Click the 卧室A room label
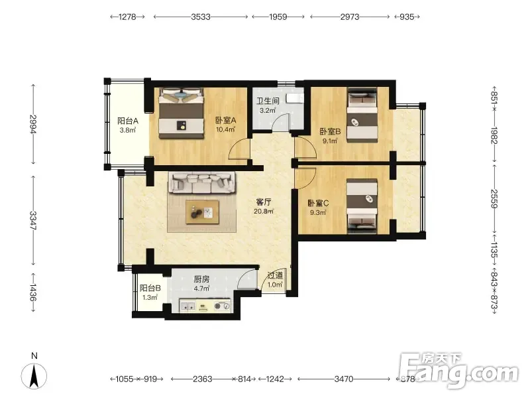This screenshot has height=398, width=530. click(x=225, y=120)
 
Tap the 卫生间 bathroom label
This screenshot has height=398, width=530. click(x=268, y=101)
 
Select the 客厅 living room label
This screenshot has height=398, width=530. click(x=264, y=202)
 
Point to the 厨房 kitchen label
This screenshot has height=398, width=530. click(x=201, y=279)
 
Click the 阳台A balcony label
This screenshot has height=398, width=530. click(x=128, y=121)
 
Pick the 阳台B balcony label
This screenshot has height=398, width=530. click(x=150, y=289)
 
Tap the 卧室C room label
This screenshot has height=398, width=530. click(x=318, y=204)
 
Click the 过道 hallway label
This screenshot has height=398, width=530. click(x=275, y=275)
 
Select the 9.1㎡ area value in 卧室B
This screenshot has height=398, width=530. click(x=330, y=141)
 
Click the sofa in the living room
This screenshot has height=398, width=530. click(x=202, y=182)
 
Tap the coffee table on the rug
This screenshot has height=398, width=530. click(x=202, y=212)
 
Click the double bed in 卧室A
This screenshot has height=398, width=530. click(x=182, y=113)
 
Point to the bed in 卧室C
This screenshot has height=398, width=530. click(x=362, y=206)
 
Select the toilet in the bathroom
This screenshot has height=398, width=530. click(x=295, y=98)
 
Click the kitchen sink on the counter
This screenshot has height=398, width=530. click(x=187, y=306)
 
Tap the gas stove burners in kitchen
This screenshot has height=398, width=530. click(x=222, y=306)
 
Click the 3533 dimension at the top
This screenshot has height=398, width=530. click(x=201, y=17)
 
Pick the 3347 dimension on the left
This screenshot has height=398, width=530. click(x=32, y=221)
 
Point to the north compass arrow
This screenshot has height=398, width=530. click(x=34, y=375)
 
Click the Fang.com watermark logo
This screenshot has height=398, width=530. click(x=458, y=371)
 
